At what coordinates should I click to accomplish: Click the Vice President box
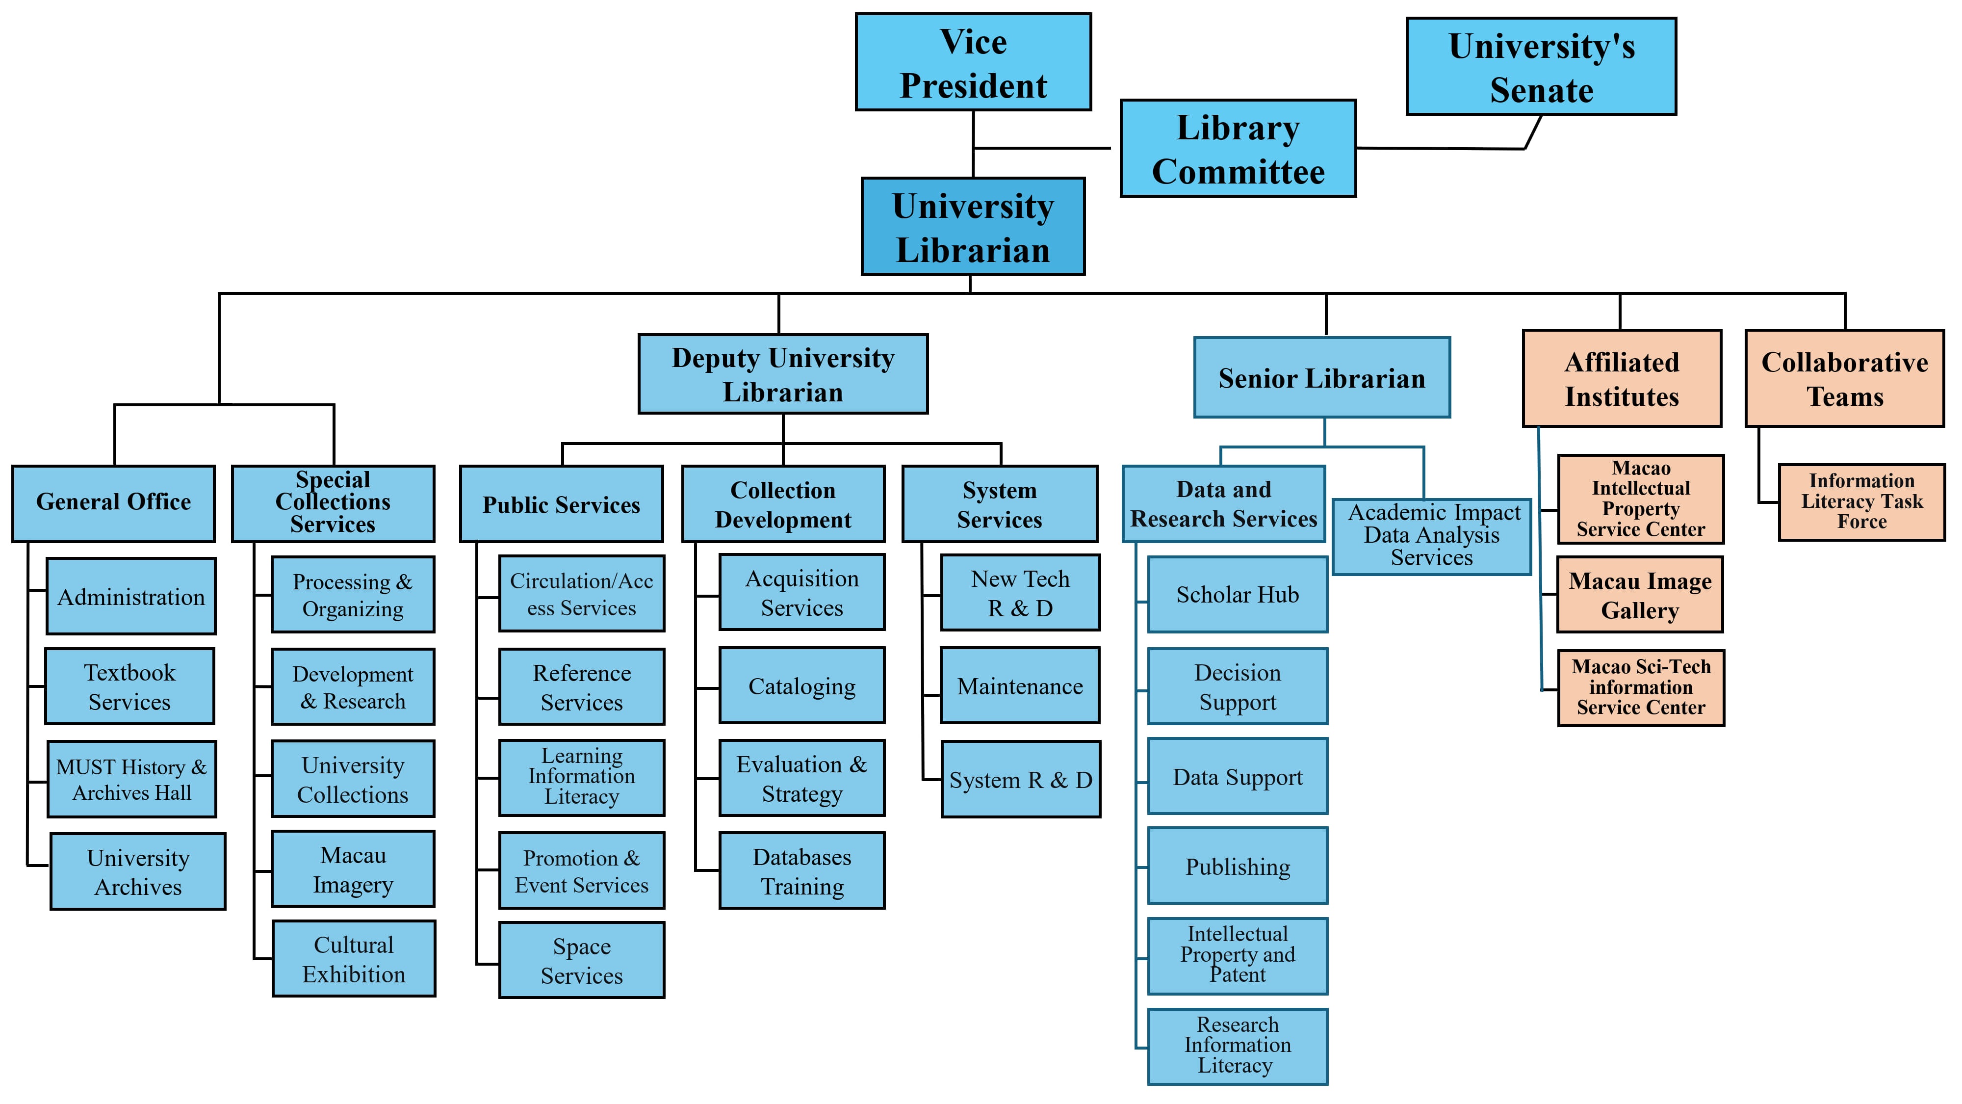click(973, 62)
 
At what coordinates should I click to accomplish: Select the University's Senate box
click(1541, 67)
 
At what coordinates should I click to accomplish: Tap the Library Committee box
click(1238, 149)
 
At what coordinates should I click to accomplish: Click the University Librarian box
click(973, 227)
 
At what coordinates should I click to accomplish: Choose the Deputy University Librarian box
click(782, 374)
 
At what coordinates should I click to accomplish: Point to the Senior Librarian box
click(1321, 378)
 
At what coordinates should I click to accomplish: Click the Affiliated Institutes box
click(1622, 379)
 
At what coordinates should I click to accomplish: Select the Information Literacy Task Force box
click(1861, 501)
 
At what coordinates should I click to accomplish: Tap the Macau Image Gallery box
click(1640, 595)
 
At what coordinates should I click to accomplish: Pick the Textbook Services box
click(129, 686)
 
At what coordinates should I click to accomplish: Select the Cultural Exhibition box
click(353, 958)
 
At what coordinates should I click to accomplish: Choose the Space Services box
click(581, 960)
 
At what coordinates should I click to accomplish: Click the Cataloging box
click(801, 686)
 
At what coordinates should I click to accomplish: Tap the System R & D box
click(1021, 780)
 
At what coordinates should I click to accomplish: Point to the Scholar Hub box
click(1237, 594)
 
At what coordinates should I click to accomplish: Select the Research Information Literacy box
click(1237, 1046)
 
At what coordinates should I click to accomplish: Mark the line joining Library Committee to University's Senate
click(1440, 149)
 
